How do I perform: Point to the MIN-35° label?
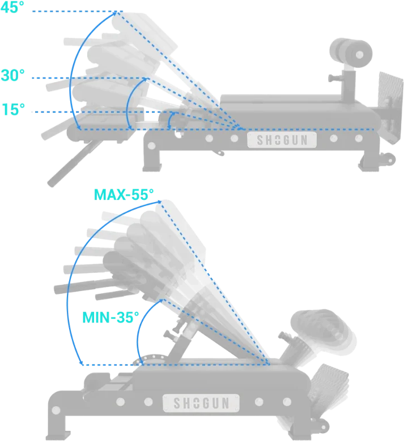coord(110,317)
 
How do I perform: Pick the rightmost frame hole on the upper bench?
coord(359,138)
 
